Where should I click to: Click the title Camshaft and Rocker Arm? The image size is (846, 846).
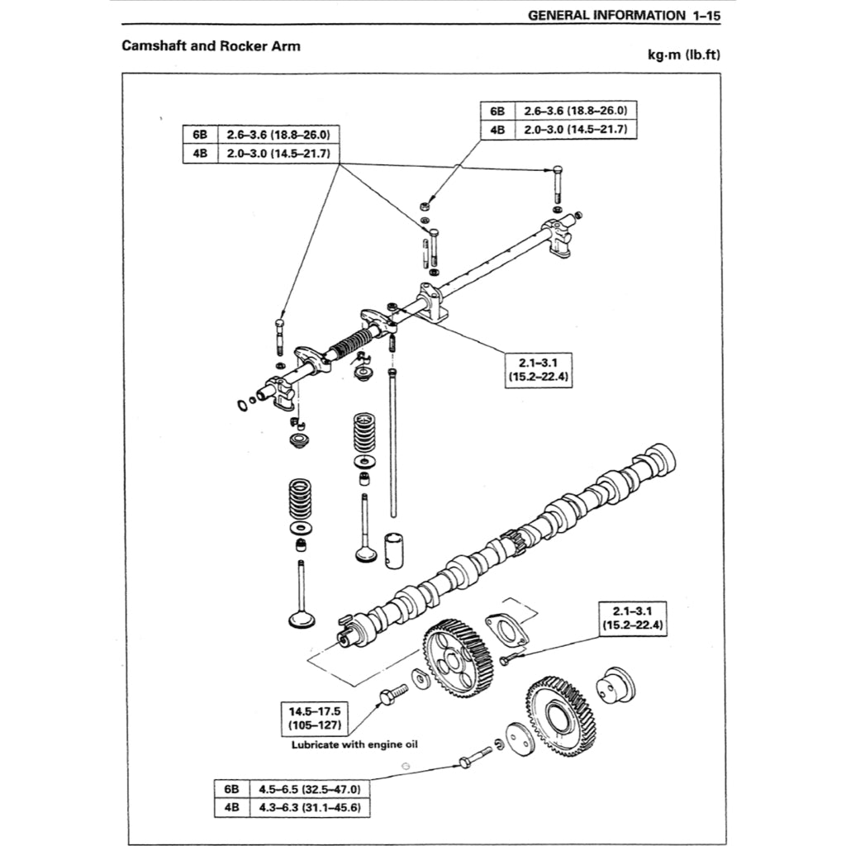coord(211,45)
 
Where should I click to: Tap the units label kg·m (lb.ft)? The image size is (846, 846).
coord(685,55)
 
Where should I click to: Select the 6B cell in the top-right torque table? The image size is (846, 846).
coord(497,111)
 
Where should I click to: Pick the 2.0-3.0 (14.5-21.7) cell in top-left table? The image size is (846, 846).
coord(278,154)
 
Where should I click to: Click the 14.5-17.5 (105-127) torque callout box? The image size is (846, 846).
coord(315,718)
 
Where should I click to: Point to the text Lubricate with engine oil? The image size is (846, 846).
coord(354,744)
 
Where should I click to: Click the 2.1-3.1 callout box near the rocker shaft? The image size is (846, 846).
coord(541,369)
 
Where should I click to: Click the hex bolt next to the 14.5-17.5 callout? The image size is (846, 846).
coord(392,695)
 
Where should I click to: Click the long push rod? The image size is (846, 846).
coord(393,446)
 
